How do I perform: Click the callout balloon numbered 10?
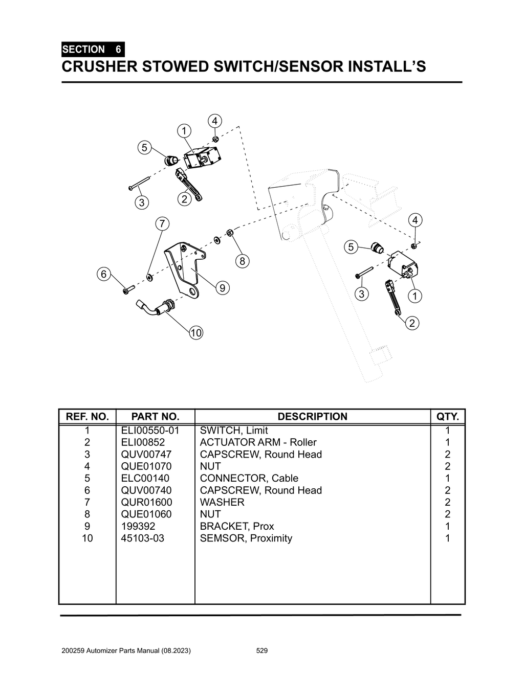196,333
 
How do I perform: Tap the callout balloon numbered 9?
222,288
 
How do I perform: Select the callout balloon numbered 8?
242,261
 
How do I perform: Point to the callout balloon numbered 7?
162,223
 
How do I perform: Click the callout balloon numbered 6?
104,274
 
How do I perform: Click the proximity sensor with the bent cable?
159,308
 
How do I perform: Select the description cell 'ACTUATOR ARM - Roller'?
258,442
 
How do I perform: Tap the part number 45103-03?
143,538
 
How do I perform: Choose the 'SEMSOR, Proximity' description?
246,538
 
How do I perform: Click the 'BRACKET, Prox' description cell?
236,526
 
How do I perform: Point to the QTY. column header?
448,417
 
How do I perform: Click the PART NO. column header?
155,417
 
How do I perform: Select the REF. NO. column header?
88,417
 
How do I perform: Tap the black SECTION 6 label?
92,50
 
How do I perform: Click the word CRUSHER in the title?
95,67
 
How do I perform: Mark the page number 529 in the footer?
262,651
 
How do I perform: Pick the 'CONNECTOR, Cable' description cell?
249,478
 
